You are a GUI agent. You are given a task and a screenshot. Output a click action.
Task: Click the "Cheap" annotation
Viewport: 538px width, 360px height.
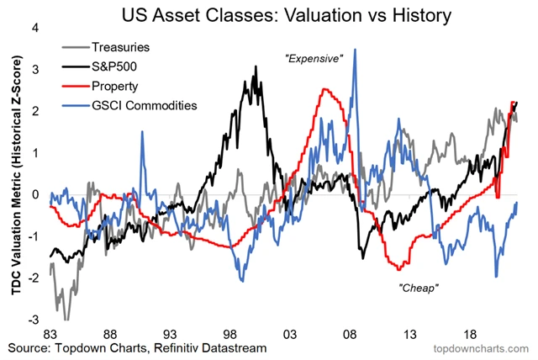[x=419, y=287]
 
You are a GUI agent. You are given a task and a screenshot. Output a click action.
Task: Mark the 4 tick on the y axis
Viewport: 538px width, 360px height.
[x=36, y=28]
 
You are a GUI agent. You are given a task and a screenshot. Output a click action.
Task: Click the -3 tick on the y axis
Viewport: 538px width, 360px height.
[x=34, y=320]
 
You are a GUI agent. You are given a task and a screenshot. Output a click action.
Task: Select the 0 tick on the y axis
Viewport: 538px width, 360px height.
[x=36, y=195]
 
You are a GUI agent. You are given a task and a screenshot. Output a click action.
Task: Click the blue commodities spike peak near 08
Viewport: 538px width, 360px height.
[x=355, y=50]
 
